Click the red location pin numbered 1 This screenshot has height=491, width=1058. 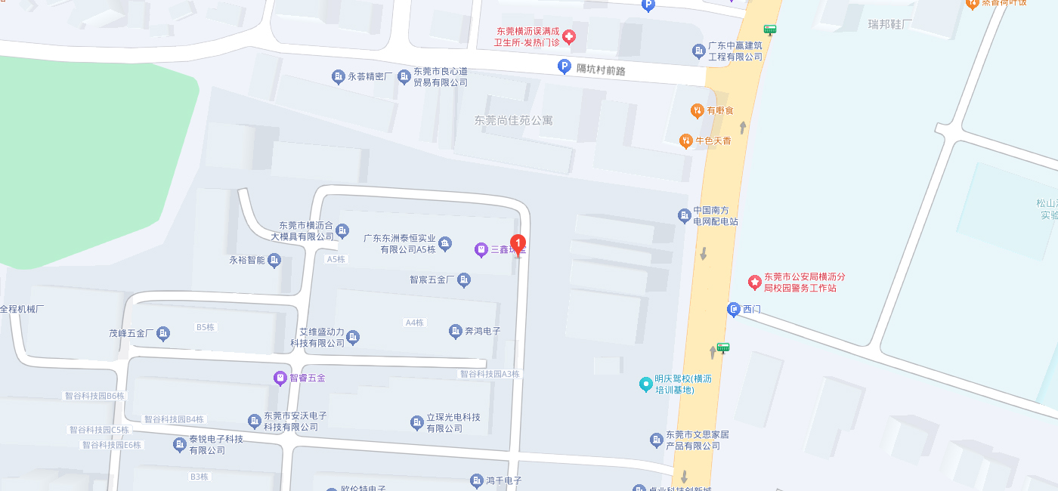click(518, 244)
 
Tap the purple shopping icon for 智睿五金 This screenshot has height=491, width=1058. click(280, 377)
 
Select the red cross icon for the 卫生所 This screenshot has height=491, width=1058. click(568, 36)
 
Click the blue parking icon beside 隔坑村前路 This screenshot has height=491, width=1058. click(564, 67)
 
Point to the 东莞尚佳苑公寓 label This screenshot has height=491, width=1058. click(514, 120)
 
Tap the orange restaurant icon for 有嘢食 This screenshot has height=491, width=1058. click(697, 111)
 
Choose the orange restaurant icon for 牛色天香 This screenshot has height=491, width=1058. click(686, 141)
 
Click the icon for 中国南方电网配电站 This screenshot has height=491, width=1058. click(685, 216)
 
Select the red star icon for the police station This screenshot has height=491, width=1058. click(754, 282)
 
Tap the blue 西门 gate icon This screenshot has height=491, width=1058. click(733, 309)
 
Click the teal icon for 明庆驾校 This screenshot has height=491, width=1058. click(645, 384)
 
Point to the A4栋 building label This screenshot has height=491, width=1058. click(414, 323)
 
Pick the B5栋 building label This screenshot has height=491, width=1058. click(206, 327)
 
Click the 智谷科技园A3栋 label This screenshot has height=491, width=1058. click(490, 374)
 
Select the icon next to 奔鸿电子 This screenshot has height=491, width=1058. click(455, 331)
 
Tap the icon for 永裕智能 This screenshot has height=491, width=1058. click(275, 261)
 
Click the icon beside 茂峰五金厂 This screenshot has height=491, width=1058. click(163, 332)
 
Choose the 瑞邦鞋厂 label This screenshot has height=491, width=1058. click(890, 23)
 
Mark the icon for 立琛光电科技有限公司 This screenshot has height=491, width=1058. click(416, 422)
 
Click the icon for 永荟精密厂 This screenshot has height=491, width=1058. click(338, 76)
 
